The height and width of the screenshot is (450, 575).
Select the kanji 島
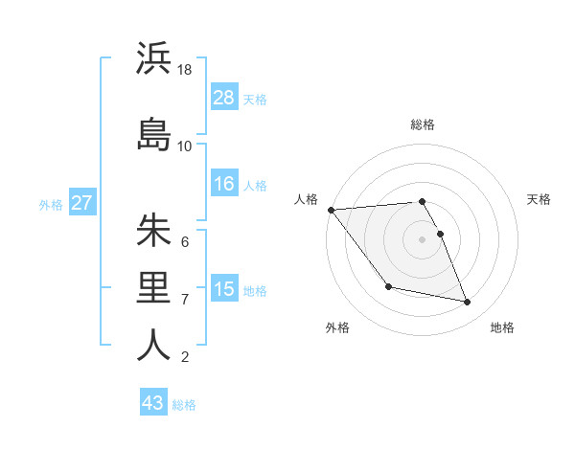pos(153,133)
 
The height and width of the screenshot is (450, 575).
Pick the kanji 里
pos(153,287)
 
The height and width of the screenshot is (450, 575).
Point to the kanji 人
pos(153,345)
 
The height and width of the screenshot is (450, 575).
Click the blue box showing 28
pos(224,98)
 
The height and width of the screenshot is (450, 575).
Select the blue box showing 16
pos(224,184)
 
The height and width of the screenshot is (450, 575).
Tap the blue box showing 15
pos(224,289)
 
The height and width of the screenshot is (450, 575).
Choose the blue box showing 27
pos(81,203)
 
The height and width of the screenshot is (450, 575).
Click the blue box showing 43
pos(153,403)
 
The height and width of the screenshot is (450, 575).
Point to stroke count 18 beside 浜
pos(185,70)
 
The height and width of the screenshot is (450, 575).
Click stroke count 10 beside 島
pos(185,146)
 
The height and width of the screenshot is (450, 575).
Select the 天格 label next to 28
pos(255,99)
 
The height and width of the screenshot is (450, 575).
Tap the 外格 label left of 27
pos(50,204)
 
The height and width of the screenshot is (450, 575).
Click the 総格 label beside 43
pos(184,404)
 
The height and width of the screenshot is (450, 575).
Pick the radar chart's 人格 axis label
pos(307,199)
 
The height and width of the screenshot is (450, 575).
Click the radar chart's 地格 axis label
pos(502,327)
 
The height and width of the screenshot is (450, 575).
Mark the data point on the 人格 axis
pos(331,210)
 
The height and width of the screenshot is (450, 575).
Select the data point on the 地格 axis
pos(468,303)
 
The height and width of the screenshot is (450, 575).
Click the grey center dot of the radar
pos(423,238)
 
